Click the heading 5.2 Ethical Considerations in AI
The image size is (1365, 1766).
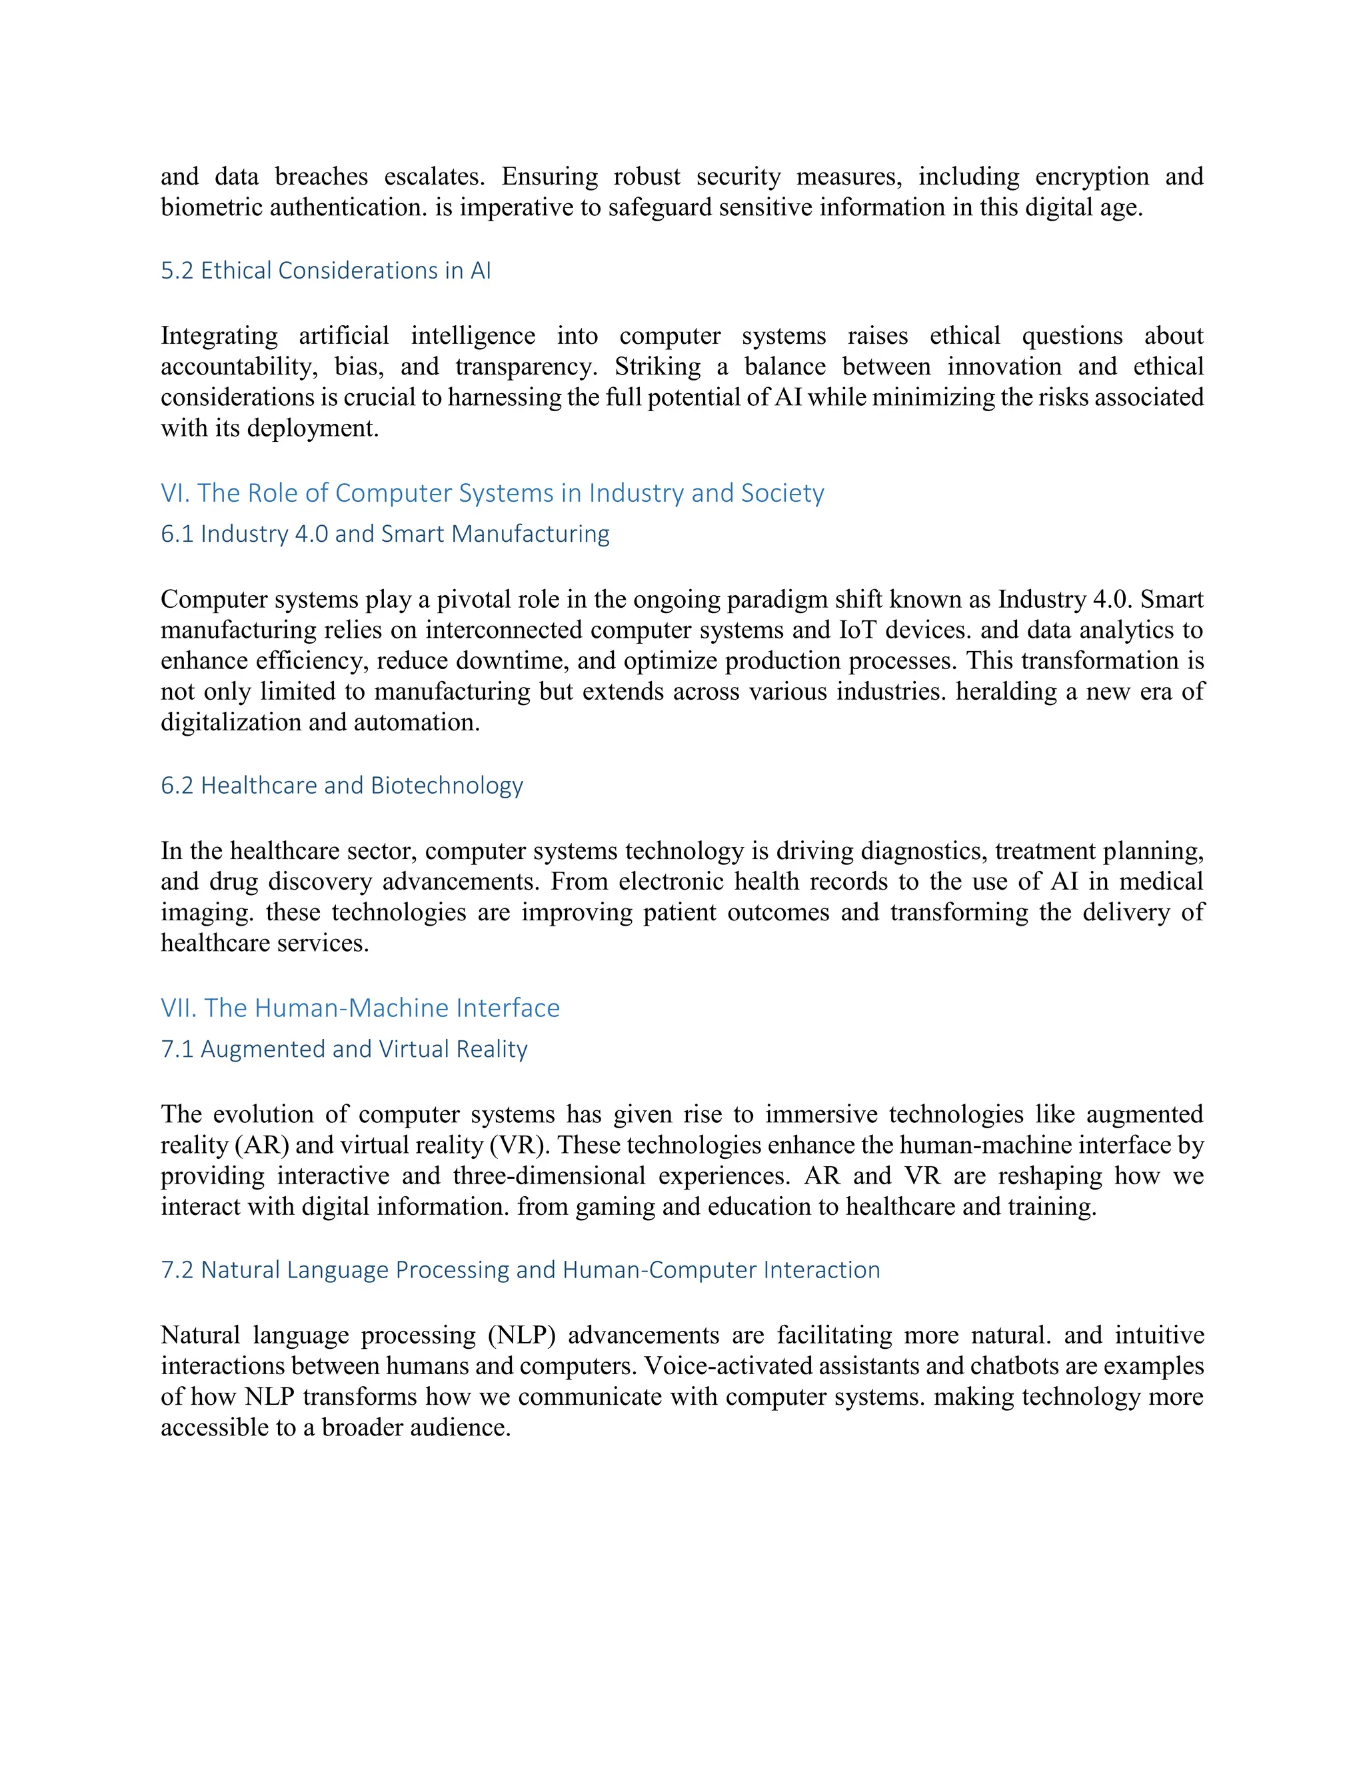(325, 270)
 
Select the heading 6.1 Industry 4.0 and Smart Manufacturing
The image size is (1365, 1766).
(385, 534)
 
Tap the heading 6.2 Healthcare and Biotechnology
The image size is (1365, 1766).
(341, 785)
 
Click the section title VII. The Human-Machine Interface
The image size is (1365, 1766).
(360, 1008)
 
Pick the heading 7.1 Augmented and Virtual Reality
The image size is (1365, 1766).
(344, 1049)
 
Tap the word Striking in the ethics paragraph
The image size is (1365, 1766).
(657, 367)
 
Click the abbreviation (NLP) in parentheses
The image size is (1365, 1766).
(522, 1335)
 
